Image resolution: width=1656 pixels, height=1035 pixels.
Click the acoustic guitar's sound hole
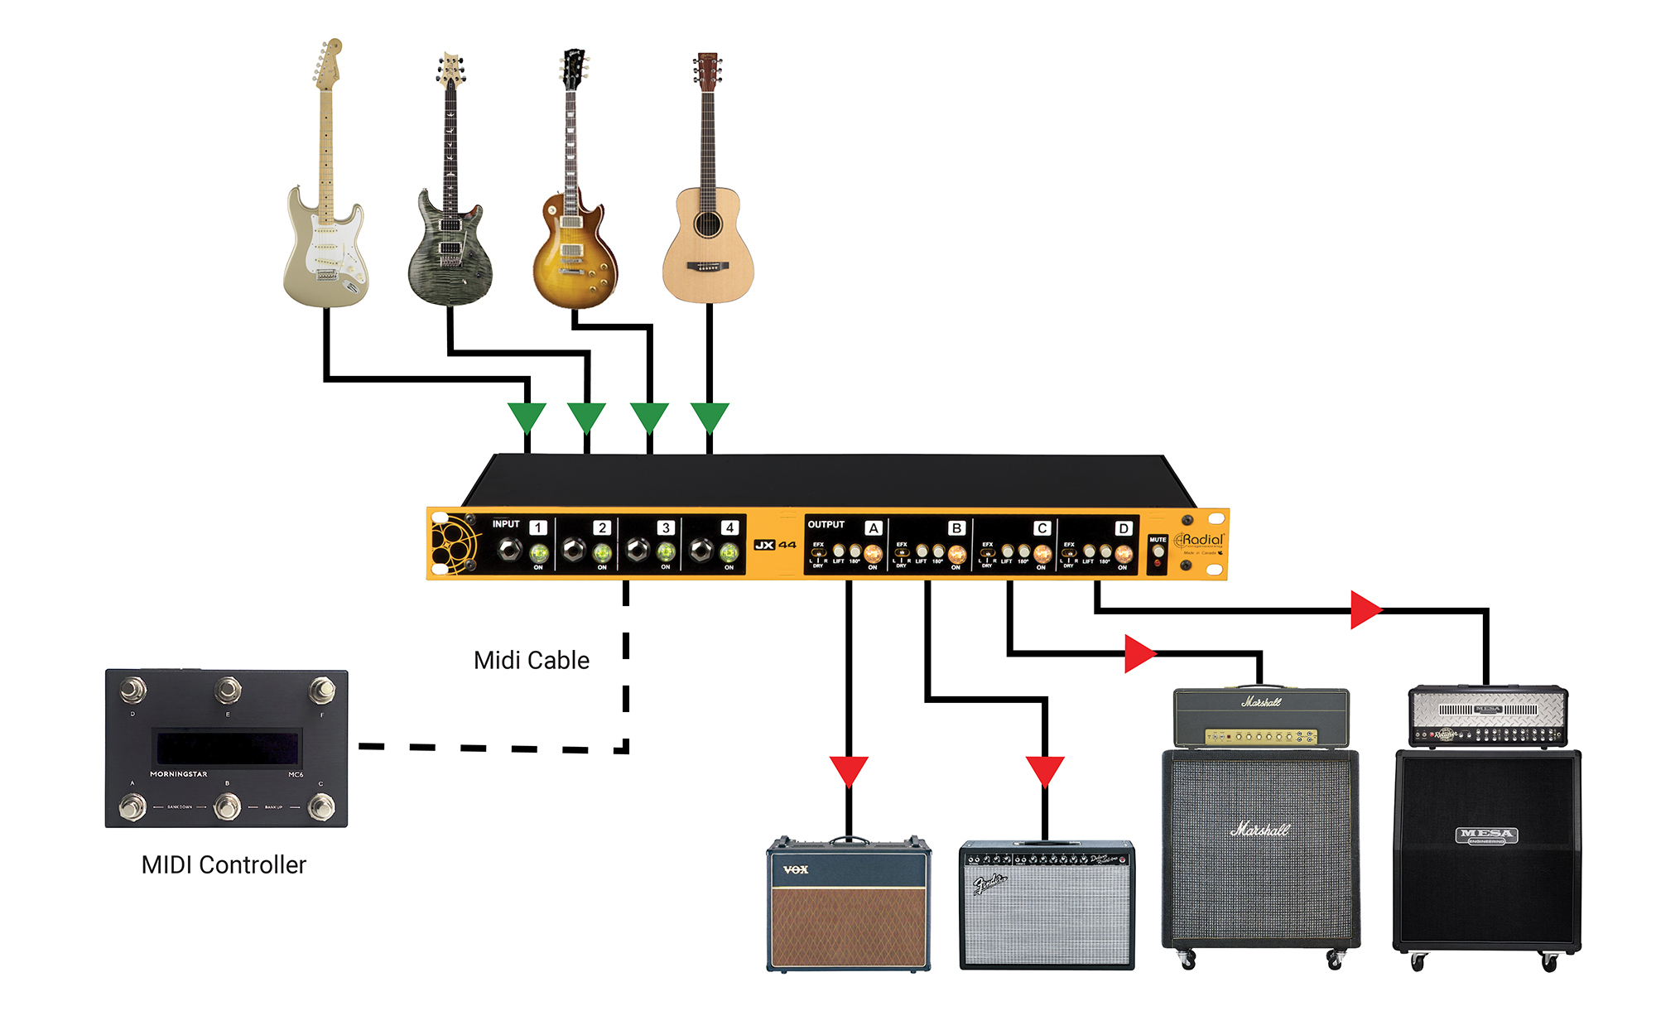pyautogui.click(x=708, y=224)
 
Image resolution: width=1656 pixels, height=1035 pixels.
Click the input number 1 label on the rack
pyautogui.click(x=538, y=527)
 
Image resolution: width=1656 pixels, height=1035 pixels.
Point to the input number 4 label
pyautogui.click(x=729, y=527)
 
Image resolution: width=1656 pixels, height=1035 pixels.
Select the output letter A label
pyautogui.click(x=874, y=527)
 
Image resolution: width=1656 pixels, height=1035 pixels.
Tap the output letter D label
pyautogui.click(x=1124, y=528)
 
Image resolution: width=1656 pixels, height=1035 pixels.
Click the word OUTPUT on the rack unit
pyautogui.click(x=826, y=524)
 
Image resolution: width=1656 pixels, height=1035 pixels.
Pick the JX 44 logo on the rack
pyautogui.click(x=775, y=545)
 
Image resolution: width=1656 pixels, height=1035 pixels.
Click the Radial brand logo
pyautogui.click(x=1200, y=541)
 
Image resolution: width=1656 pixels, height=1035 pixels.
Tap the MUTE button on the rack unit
pyautogui.click(x=1158, y=551)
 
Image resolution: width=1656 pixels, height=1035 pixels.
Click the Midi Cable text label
pyautogui.click(x=532, y=660)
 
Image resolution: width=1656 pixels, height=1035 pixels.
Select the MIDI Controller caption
pyautogui.click(x=224, y=864)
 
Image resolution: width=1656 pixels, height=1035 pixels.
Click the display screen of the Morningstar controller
pyautogui.click(x=227, y=748)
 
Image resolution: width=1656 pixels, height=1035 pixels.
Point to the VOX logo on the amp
pyautogui.click(x=796, y=869)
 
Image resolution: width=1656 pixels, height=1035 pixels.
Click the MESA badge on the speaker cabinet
pyautogui.click(x=1487, y=835)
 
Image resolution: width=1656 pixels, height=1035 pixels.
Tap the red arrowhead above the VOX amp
pyautogui.click(x=849, y=769)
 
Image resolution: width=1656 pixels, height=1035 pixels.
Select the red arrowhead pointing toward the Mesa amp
pyautogui.click(x=1365, y=610)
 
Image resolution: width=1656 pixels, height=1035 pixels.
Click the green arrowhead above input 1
pyautogui.click(x=527, y=416)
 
